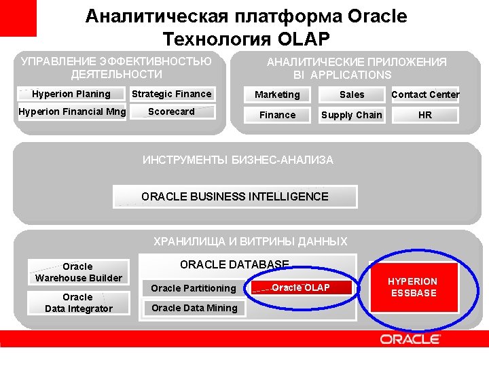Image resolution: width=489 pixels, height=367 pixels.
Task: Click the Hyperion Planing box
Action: point(71,94)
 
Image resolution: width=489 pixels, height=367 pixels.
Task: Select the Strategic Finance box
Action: point(172,94)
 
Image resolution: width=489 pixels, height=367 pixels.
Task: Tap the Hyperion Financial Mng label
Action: point(72,112)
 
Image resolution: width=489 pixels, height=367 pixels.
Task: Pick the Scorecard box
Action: point(172,112)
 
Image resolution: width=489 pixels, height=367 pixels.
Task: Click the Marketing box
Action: point(277,95)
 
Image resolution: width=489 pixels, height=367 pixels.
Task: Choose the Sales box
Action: point(352,95)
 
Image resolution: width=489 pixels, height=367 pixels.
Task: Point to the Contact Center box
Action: point(425,95)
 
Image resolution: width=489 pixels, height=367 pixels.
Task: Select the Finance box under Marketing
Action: point(277,116)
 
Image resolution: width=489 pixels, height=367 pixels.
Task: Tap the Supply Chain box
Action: point(352,116)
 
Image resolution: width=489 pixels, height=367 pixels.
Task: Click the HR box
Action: point(425,116)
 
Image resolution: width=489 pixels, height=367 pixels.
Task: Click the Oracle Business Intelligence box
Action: point(235,197)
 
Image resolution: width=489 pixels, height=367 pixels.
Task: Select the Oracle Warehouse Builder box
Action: point(78,272)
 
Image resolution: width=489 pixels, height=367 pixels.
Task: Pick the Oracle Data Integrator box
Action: point(78,303)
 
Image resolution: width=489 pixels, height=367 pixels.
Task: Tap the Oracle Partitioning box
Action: point(194,288)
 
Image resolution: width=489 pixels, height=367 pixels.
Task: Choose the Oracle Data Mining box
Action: point(194,308)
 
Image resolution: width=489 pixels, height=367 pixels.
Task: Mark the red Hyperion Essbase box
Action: point(412,287)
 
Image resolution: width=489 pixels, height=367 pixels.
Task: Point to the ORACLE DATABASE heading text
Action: point(234,264)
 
